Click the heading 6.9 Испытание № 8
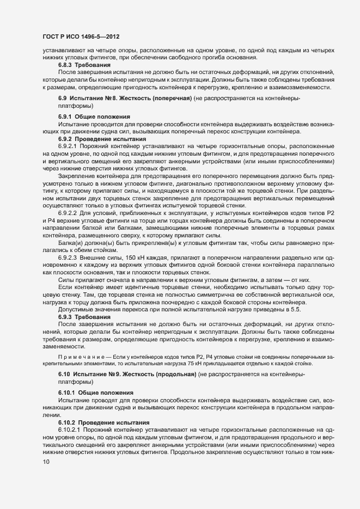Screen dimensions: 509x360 pos(99,97)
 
